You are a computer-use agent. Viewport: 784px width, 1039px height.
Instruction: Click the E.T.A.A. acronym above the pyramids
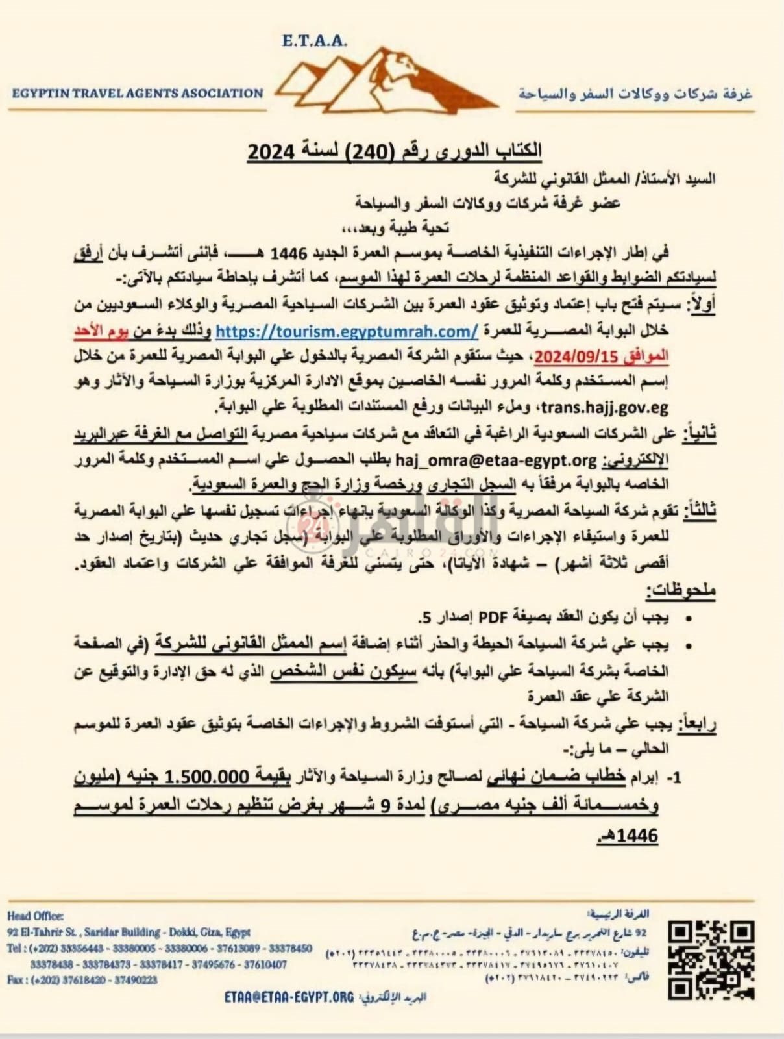315,41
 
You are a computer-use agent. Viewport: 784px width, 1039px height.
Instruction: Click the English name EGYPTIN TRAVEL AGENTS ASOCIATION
138,93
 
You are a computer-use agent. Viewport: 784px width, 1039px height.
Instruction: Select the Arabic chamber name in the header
635,94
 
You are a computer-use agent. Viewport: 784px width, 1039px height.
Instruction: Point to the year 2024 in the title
271,151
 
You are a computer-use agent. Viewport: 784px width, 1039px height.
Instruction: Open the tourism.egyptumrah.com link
347,331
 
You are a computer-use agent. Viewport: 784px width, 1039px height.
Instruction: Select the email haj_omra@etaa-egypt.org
495,460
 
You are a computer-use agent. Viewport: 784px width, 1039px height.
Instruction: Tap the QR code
711,960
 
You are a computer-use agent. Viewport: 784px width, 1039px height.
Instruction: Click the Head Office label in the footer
36,916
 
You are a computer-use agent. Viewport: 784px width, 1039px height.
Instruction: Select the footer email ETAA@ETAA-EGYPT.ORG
289,997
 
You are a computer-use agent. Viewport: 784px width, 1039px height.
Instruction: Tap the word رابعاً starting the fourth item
696,724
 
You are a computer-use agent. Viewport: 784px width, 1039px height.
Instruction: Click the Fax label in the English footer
17,980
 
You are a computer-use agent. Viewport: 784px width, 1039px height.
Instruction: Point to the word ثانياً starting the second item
698,434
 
